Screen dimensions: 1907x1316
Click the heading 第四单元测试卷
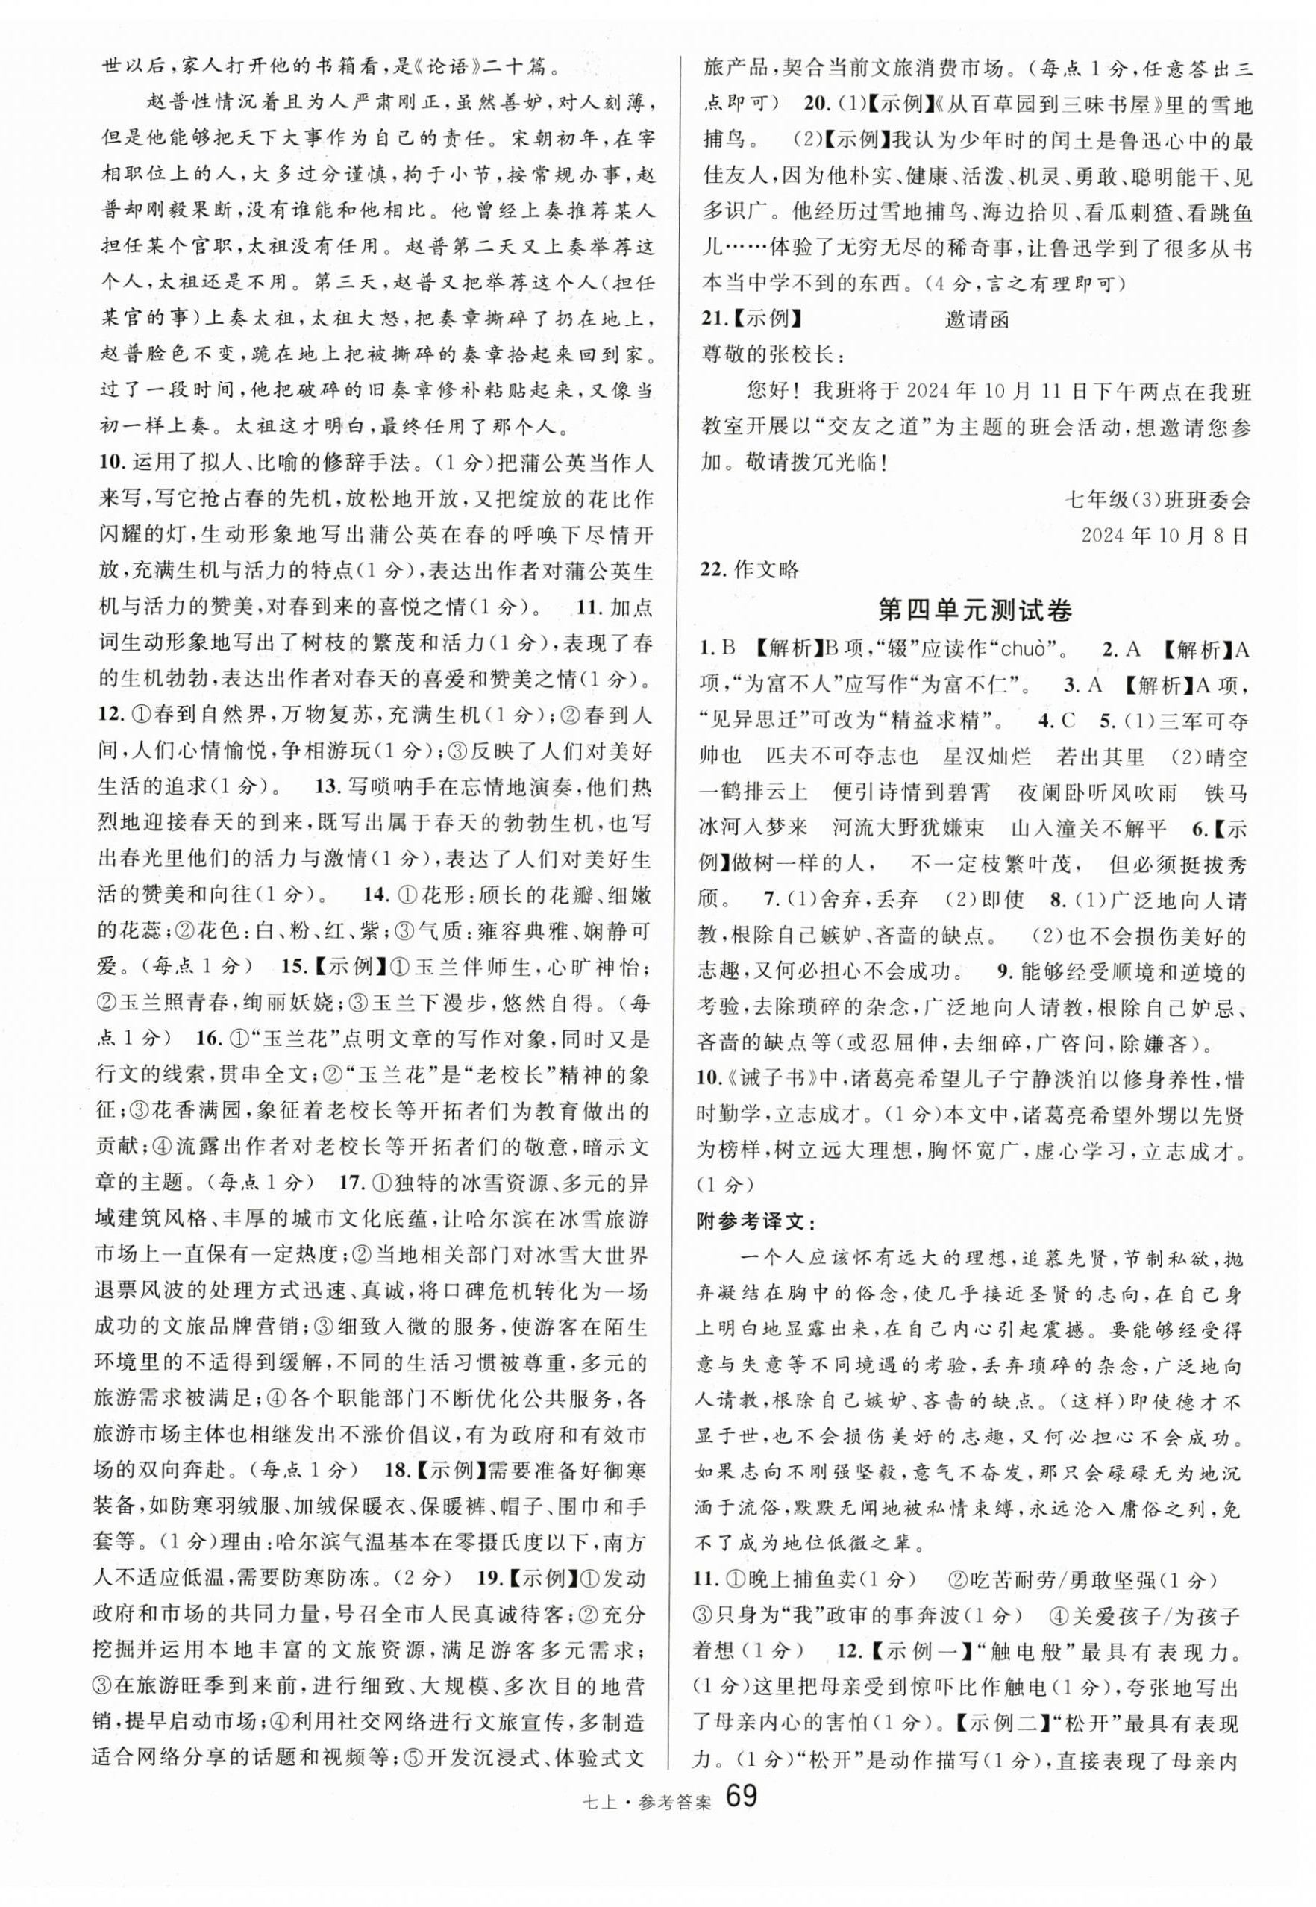point(976,611)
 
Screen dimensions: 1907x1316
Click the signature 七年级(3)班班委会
point(1158,500)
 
